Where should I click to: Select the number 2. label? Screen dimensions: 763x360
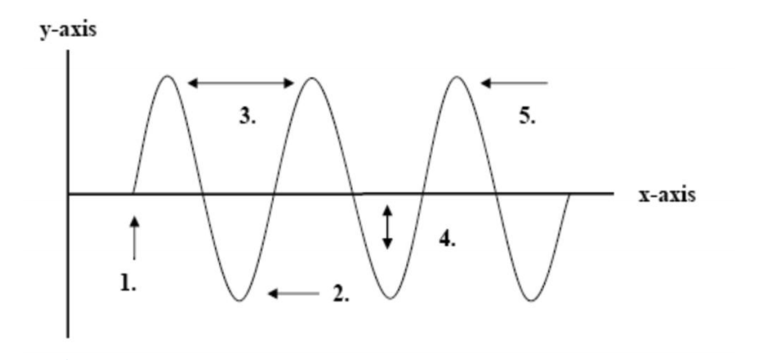342,295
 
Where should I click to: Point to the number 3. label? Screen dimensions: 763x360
248,117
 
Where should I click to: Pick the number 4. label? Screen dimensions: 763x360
447,239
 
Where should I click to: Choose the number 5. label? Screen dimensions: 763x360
526,117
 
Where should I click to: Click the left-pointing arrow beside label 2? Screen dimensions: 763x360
294,293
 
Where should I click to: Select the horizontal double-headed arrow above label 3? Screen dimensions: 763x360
241,83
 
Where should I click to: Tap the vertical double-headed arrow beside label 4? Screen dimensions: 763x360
387,227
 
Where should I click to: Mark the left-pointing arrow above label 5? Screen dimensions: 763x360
513,83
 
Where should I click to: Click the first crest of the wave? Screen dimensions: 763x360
168,77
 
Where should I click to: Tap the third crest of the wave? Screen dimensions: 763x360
456,77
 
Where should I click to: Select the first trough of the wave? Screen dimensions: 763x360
240,300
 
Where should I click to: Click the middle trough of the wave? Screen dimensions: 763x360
385,300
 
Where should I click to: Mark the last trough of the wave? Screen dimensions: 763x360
530,300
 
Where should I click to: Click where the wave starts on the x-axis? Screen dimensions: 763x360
133,194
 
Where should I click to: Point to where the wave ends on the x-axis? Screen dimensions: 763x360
569,194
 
